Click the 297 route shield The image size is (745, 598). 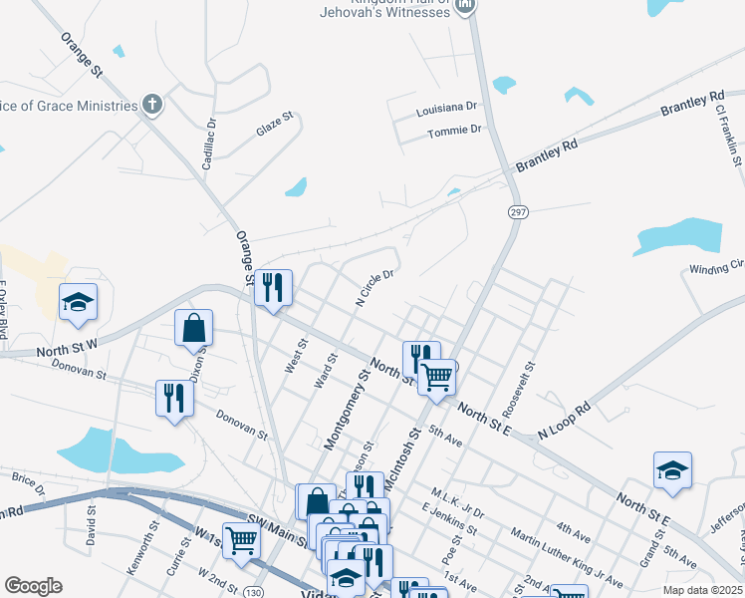(x=517, y=212)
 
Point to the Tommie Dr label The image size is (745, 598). (x=454, y=132)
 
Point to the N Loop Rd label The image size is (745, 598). (x=564, y=421)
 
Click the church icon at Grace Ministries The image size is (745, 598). (x=152, y=105)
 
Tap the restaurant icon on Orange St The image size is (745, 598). (x=273, y=288)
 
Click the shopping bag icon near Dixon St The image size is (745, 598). (x=193, y=328)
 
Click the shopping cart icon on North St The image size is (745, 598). (x=436, y=377)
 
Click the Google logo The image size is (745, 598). (x=33, y=586)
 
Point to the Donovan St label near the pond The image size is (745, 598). (x=243, y=428)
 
